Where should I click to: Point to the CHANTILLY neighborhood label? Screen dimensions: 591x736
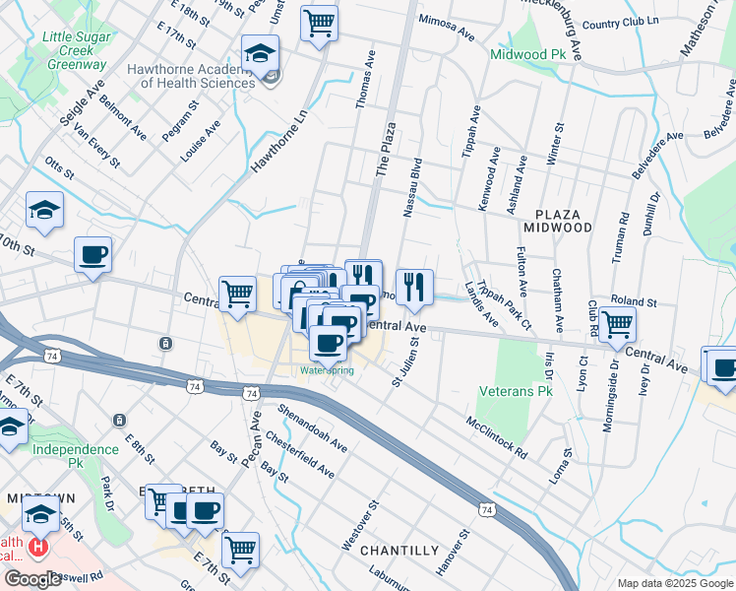pyautogui.click(x=399, y=550)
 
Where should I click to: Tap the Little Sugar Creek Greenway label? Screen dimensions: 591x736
pyautogui.click(x=74, y=50)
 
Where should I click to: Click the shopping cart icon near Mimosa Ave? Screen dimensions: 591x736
pyautogui.click(x=319, y=21)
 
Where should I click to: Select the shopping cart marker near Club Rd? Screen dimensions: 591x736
pyautogui.click(x=617, y=322)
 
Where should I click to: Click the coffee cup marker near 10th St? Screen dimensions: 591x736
pyautogui.click(x=93, y=254)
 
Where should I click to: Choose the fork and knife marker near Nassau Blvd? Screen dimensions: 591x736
pyautogui.click(x=414, y=286)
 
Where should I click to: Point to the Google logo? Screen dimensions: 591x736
pyautogui.click(x=33, y=579)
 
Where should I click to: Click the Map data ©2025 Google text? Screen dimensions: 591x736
pyautogui.click(x=674, y=583)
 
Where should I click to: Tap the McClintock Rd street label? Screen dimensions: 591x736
pyautogui.click(x=497, y=434)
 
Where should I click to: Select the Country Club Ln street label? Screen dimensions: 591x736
pyautogui.click(x=619, y=22)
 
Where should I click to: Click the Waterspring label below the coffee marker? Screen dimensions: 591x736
pyautogui.click(x=327, y=370)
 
